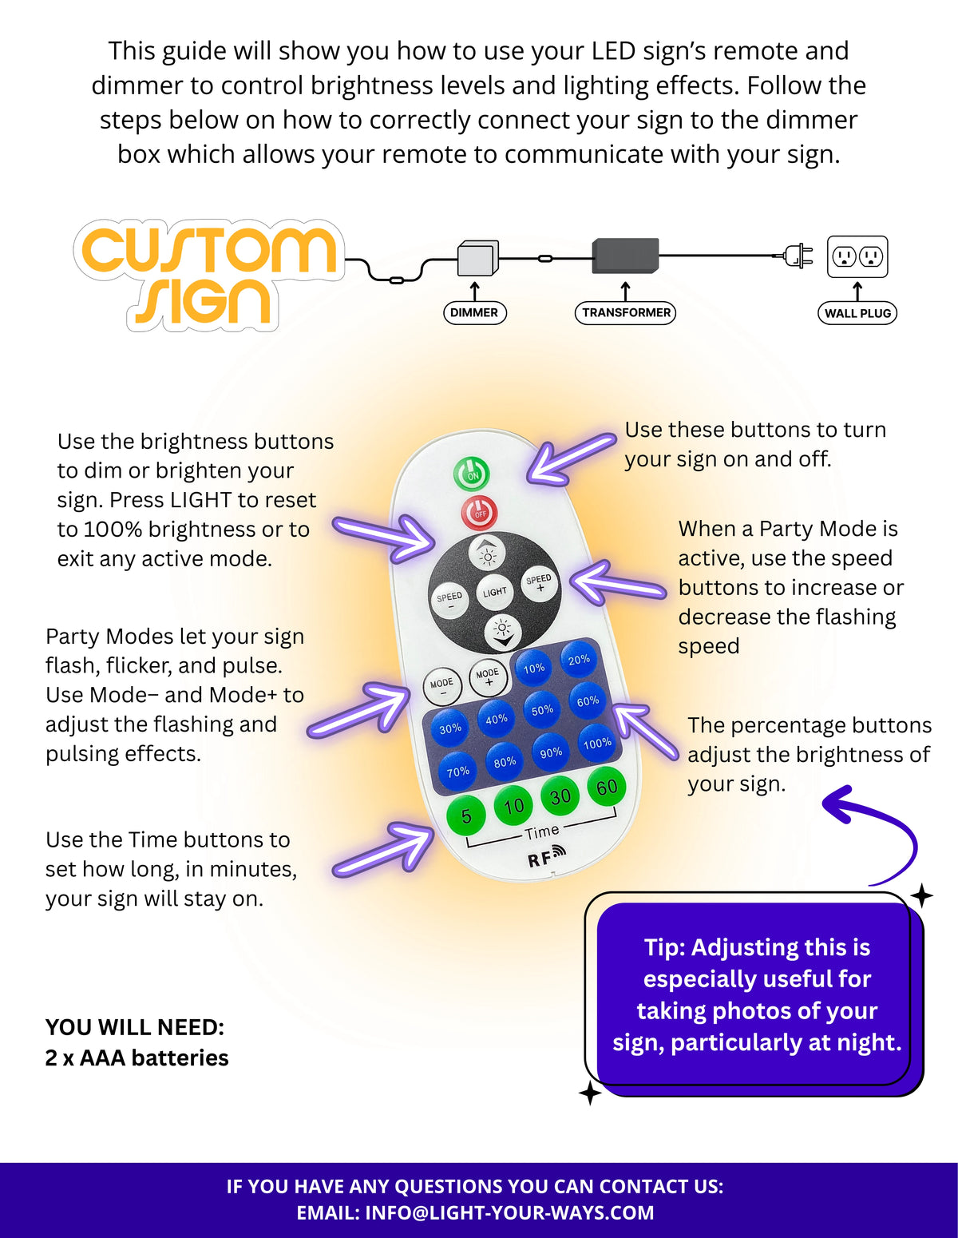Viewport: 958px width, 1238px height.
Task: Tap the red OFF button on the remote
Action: pyautogui.click(x=479, y=513)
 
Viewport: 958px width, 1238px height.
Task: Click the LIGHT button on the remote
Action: pyautogui.click(x=494, y=592)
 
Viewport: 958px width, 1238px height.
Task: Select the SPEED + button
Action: pyautogui.click(x=539, y=582)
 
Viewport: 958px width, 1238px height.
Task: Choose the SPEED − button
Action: pyautogui.click(x=449, y=600)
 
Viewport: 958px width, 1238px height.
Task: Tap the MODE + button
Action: pyautogui.click(x=488, y=677)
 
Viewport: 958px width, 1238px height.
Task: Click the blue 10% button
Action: pyautogui.click(x=534, y=669)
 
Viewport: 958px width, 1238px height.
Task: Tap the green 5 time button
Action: pyautogui.click(x=466, y=816)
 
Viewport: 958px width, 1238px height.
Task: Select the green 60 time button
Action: pyautogui.click(x=607, y=788)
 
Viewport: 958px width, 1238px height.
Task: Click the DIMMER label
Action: pyautogui.click(x=474, y=312)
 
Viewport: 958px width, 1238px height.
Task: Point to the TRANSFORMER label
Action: pyautogui.click(x=626, y=312)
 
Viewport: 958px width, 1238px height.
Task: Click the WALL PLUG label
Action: pyautogui.click(x=857, y=313)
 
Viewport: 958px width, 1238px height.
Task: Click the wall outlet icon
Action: pyautogui.click(x=857, y=256)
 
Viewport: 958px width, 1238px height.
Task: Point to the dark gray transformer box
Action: pyautogui.click(x=625, y=255)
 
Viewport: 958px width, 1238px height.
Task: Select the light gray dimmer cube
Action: pyautogui.click(x=477, y=258)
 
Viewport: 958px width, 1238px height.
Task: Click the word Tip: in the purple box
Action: pyautogui.click(x=664, y=947)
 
